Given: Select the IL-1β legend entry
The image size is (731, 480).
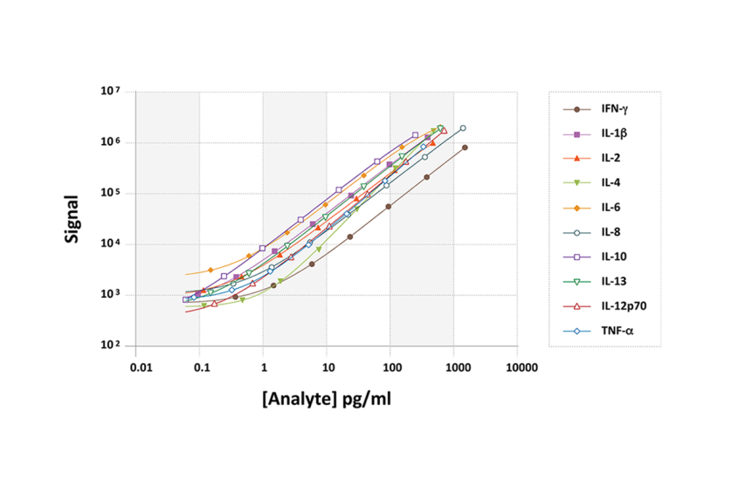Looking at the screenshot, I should click(x=610, y=134).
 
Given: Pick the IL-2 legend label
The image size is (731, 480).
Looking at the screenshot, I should click(x=609, y=158).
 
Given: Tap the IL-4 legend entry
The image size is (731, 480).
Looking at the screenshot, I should click(x=609, y=182).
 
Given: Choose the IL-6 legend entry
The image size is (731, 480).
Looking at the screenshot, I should click(x=609, y=208).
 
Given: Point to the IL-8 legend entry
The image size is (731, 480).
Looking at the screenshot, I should click(x=609, y=232).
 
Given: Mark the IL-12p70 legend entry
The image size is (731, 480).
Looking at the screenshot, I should click(x=622, y=306).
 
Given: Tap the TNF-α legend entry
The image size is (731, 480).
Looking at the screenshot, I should click(x=615, y=331).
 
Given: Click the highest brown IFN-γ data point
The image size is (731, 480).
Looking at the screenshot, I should click(x=465, y=147).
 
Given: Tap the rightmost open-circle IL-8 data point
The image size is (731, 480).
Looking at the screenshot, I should click(x=463, y=128).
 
